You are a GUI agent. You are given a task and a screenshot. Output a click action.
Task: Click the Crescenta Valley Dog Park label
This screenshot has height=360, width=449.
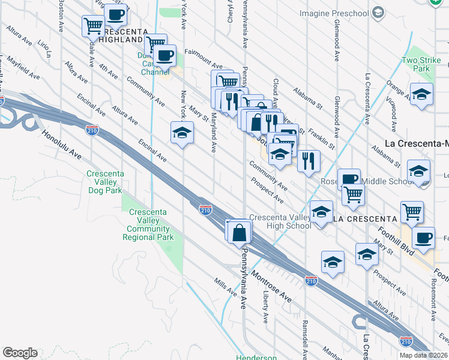[105, 182]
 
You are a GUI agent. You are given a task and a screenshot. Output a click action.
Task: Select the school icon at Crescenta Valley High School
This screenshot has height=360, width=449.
[321, 212]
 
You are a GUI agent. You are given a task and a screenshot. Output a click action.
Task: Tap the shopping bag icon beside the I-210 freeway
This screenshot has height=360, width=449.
[240, 231]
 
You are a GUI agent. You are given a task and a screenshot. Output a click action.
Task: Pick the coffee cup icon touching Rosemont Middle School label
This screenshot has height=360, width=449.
[349, 179]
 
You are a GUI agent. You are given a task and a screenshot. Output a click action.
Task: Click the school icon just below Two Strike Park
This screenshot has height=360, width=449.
[421, 94]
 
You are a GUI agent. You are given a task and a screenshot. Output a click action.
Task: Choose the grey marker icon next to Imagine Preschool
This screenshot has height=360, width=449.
[378, 13]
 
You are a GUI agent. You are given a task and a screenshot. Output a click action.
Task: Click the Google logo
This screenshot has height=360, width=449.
[20, 353]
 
